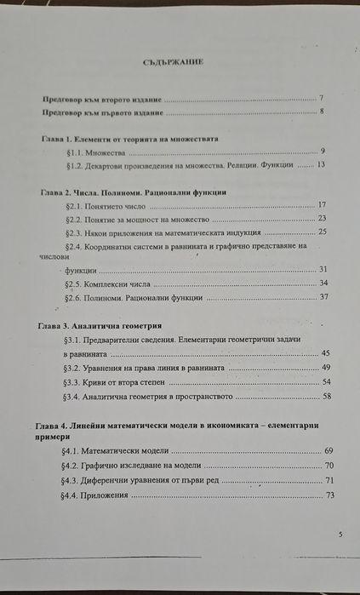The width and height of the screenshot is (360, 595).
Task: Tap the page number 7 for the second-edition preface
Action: point(321,99)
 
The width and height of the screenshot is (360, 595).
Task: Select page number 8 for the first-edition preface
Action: point(322,112)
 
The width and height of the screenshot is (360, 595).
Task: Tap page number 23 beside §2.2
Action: point(322,218)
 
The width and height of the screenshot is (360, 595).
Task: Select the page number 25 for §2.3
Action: point(322,232)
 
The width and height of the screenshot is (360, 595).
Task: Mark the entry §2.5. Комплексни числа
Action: point(112,283)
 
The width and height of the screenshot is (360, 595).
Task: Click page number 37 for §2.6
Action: point(323,297)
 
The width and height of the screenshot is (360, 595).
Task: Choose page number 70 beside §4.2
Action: point(328,466)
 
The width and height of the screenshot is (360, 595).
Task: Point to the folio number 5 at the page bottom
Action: point(340,534)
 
